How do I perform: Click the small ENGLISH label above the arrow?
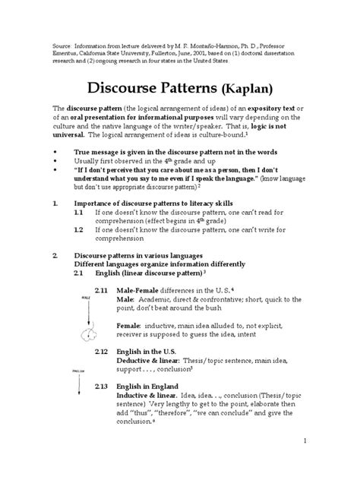(x=77, y=371)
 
